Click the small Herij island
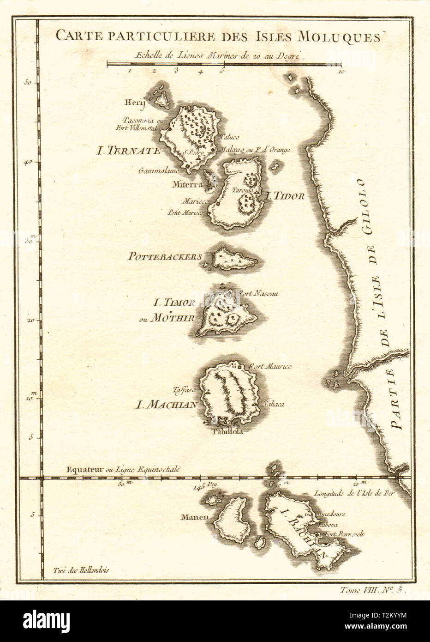pyautogui.click(x=161, y=98)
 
